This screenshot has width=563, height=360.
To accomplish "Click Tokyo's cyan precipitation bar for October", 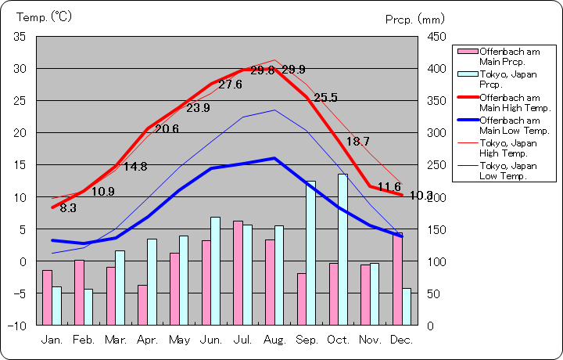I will coord(343,249).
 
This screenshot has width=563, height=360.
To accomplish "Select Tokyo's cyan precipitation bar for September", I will coord(310,253).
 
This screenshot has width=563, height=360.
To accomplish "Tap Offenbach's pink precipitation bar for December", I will coord(397,279).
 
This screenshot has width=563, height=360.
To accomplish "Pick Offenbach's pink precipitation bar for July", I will coord(238,272).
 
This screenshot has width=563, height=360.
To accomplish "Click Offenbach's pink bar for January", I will coord(47,297).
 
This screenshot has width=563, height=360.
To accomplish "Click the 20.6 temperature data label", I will coord(167,128).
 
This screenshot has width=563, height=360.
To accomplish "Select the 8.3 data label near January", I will coord(68,208).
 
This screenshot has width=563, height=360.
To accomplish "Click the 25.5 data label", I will coord(325,98).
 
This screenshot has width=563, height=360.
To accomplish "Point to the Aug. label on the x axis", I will coord(275,340).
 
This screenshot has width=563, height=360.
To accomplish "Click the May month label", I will coord(179,340).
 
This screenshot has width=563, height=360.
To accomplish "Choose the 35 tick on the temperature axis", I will coord(20,37).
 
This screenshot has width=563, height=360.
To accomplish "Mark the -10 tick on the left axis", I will coord(18,325).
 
